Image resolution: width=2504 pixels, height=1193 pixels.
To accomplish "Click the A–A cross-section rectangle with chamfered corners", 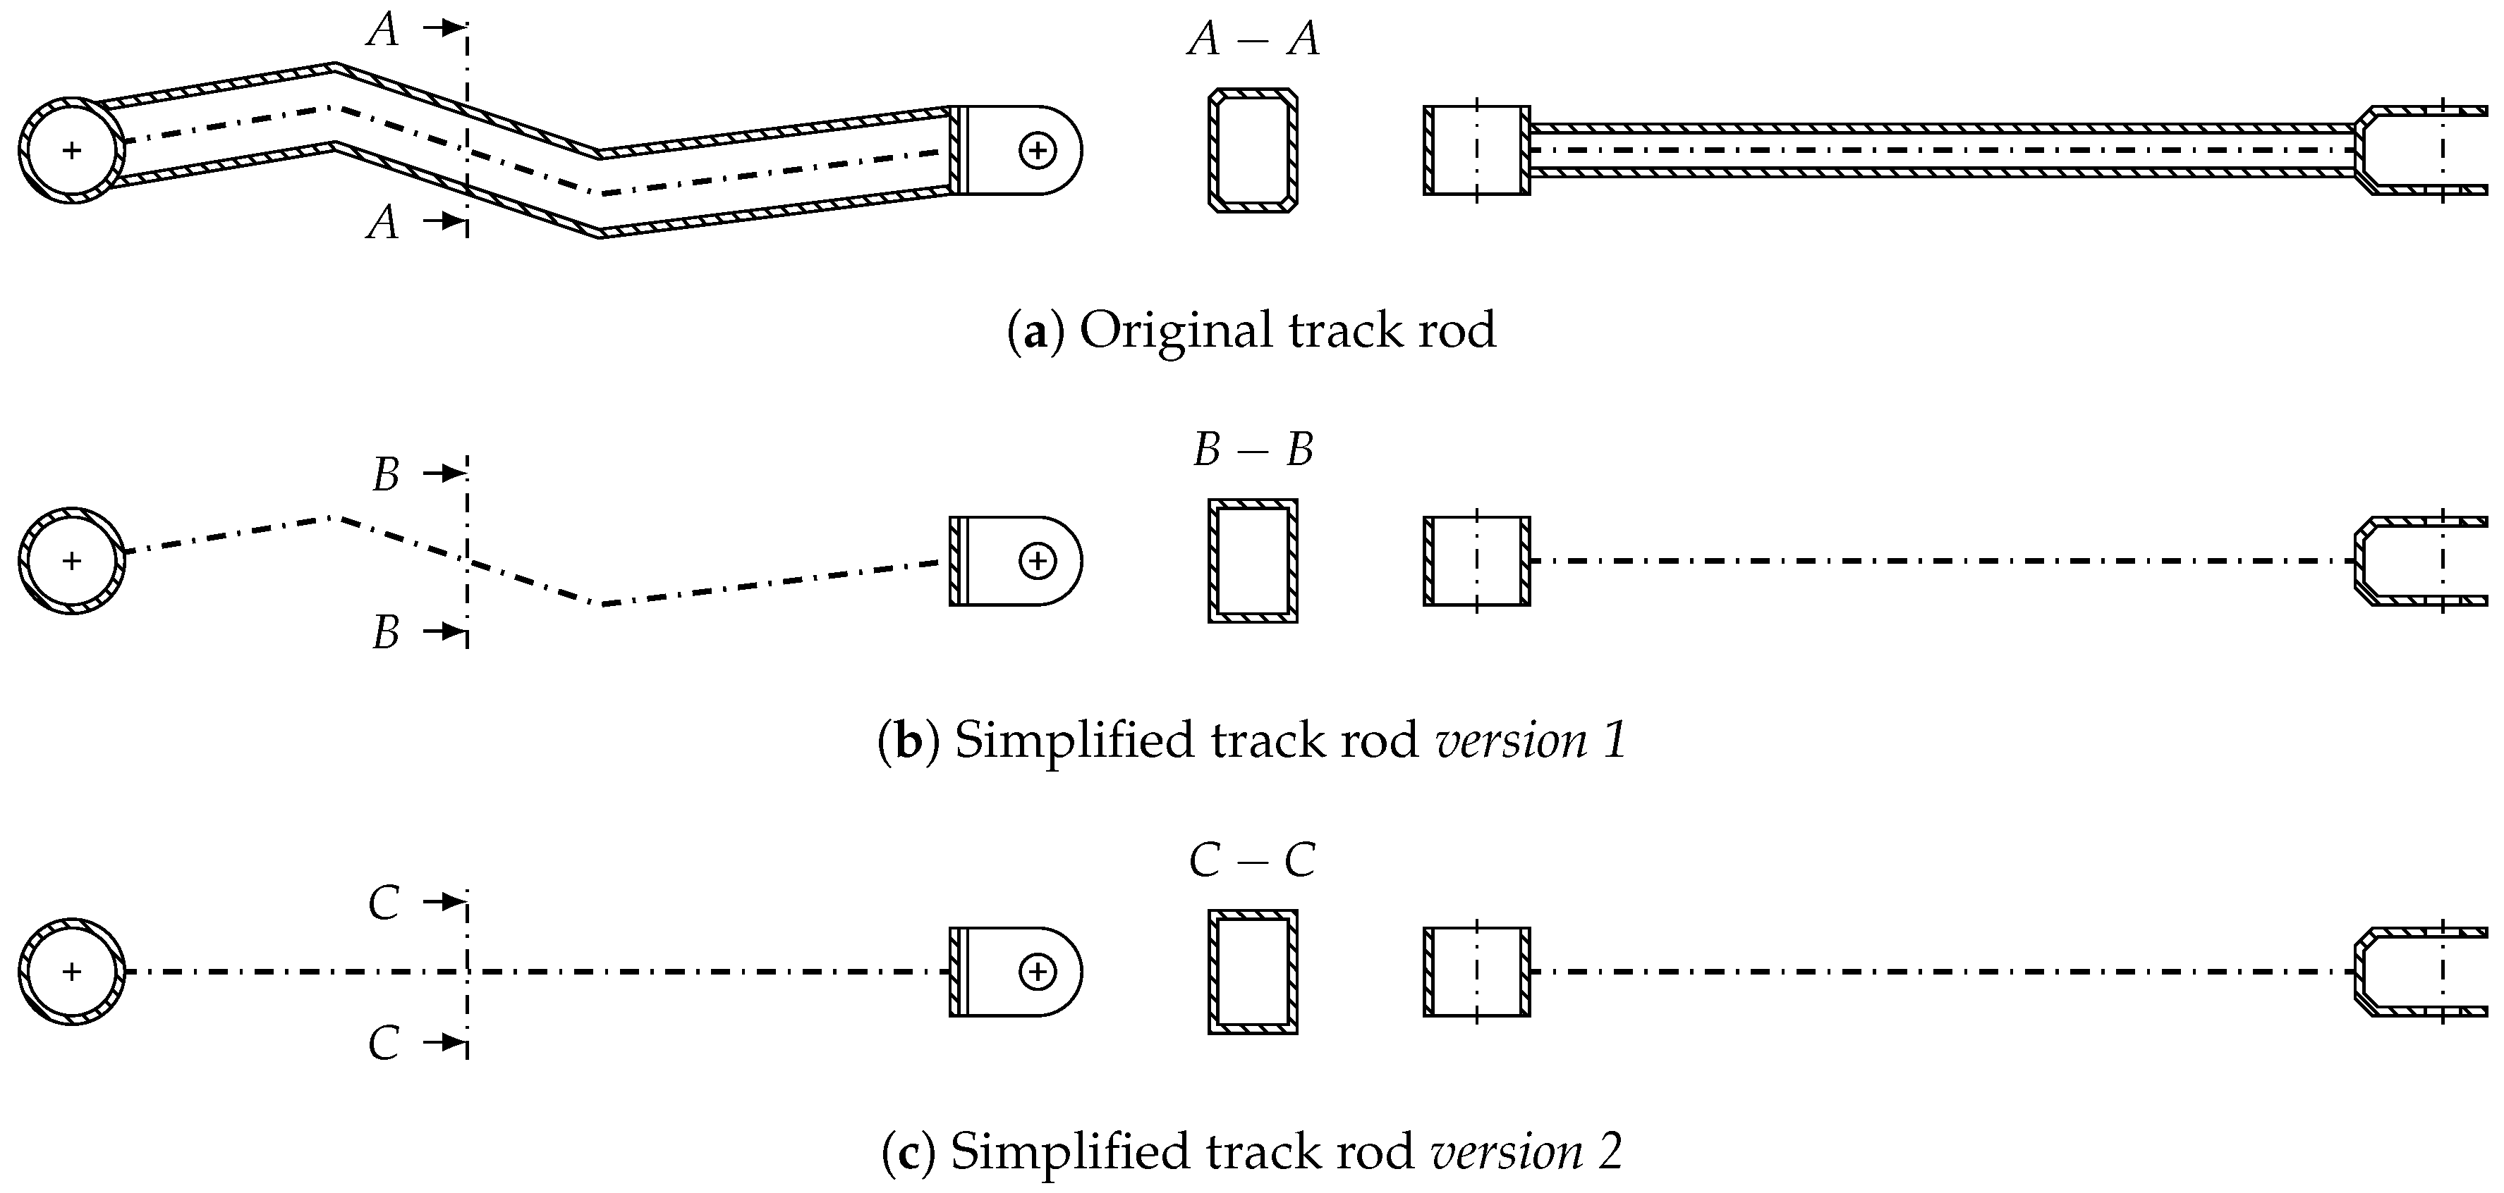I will click(1253, 151).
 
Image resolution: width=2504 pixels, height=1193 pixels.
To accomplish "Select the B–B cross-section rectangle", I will click(1253, 560).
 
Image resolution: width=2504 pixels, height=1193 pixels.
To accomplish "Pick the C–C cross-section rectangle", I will click(1253, 972).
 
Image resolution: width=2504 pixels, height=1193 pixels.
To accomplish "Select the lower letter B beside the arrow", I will click(386, 633).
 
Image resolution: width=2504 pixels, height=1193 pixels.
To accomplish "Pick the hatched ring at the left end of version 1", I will click(71, 560).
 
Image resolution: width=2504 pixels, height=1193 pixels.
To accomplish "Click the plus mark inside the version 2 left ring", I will click(71, 972).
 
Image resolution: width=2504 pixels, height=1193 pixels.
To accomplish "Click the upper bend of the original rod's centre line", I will click(334, 107).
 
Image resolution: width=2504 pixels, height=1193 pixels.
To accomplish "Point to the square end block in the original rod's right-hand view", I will click(1476, 151).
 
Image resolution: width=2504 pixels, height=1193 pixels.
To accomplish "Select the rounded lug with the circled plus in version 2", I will click(1016, 972).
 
